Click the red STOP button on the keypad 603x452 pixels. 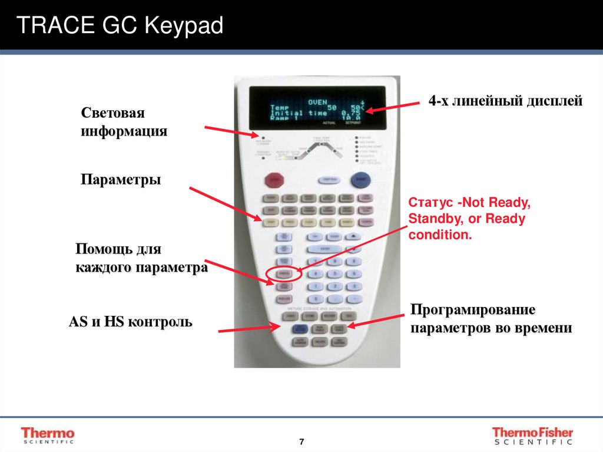click(273, 179)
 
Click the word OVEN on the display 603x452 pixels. click(318, 101)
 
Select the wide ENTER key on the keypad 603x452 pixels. click(325, 249)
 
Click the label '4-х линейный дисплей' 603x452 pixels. click(505, 101)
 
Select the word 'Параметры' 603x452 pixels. click(121, 179)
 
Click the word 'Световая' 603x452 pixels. click(113, 113)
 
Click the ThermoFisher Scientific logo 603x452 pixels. click(532, 435)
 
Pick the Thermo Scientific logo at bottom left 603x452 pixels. click(48, 435)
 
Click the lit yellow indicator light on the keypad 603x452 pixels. click(283, 157)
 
